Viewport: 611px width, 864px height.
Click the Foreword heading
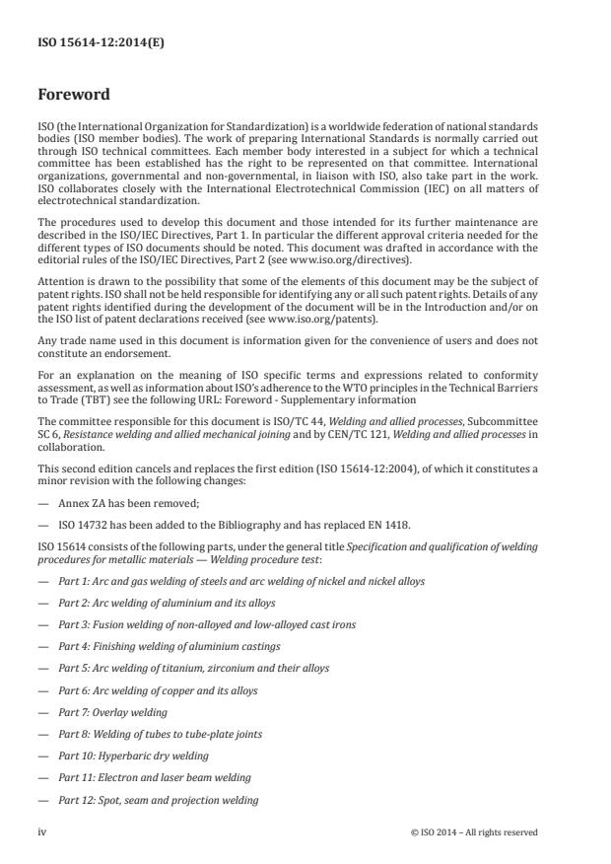(x=74, y=96)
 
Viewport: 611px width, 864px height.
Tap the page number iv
(x=42, y=831)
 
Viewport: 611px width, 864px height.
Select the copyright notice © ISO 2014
(x=474, y=831)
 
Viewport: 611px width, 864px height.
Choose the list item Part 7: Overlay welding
(x=112, y=712)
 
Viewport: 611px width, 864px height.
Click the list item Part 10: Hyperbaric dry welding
(x=133, y=756)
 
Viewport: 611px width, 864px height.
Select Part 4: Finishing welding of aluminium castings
(x=169, y=646)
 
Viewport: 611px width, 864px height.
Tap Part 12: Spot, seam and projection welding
(x=158, y=799)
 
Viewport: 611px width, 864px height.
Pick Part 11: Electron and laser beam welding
(x=153, y=777)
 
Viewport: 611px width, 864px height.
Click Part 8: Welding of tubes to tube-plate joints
(x=160, y=734)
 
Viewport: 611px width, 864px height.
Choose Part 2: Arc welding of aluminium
(x=166, y=603)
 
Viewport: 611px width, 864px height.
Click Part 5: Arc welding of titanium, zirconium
(x=193, y=668)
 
